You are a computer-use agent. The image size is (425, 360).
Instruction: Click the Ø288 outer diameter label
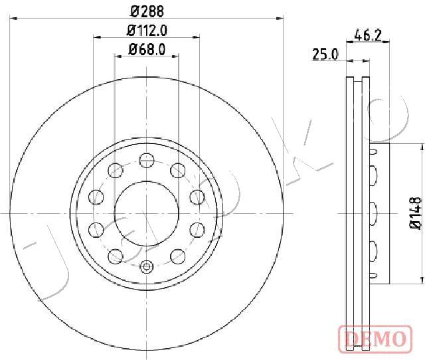(x=147, y=12)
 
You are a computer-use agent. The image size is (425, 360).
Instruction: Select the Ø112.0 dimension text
(x=147, y=31)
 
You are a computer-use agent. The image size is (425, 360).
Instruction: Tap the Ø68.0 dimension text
(x=147, y=50)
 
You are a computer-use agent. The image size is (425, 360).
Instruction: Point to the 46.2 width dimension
(x=368, y=35)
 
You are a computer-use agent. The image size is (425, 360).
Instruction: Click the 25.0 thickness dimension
(x=325, y=54)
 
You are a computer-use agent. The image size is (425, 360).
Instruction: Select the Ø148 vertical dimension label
(x=415, y=213)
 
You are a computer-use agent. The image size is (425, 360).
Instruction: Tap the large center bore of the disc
(x=147, y=213)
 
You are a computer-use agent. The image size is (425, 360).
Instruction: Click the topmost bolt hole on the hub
(x=147, y=160)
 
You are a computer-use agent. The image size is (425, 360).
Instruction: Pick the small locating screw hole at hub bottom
(x=147, y=267)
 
